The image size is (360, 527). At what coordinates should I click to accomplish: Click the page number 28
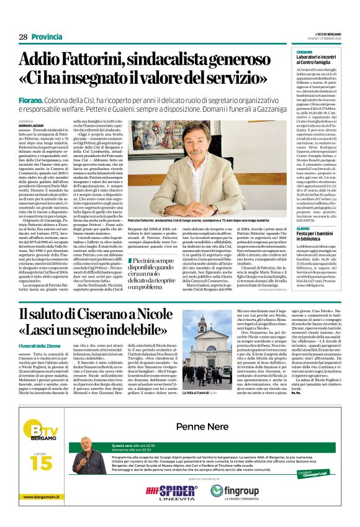(23, 37)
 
